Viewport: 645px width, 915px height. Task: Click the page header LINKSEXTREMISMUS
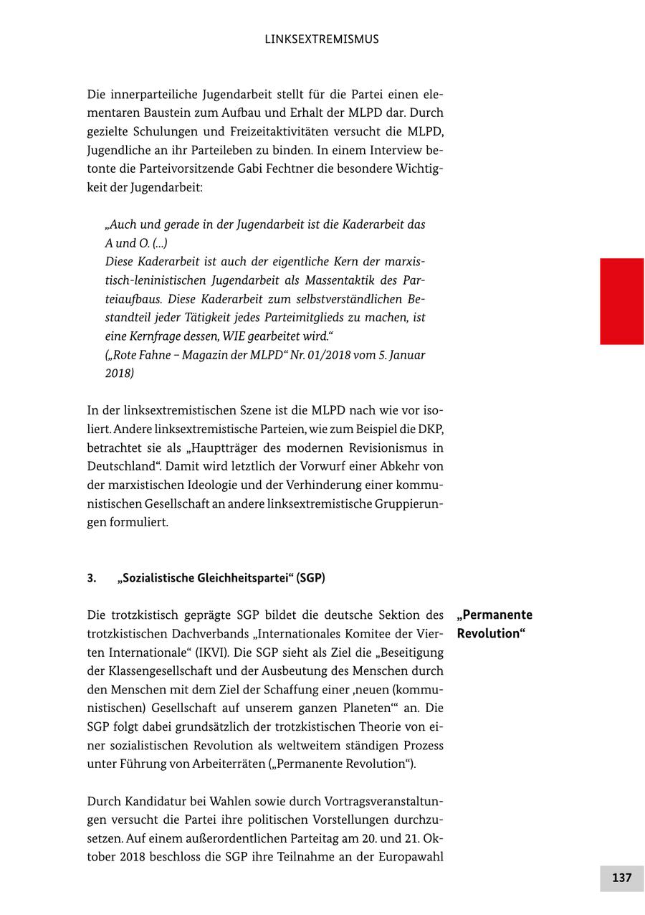coord(322,39)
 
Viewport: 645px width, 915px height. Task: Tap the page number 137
coord(621,878)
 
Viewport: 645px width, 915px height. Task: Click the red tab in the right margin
coord(621,301)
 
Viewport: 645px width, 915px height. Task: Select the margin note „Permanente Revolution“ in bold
coord(494,624)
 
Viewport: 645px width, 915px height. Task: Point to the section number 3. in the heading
coord(92,578)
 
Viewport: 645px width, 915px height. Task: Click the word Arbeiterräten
coord(229,764)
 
